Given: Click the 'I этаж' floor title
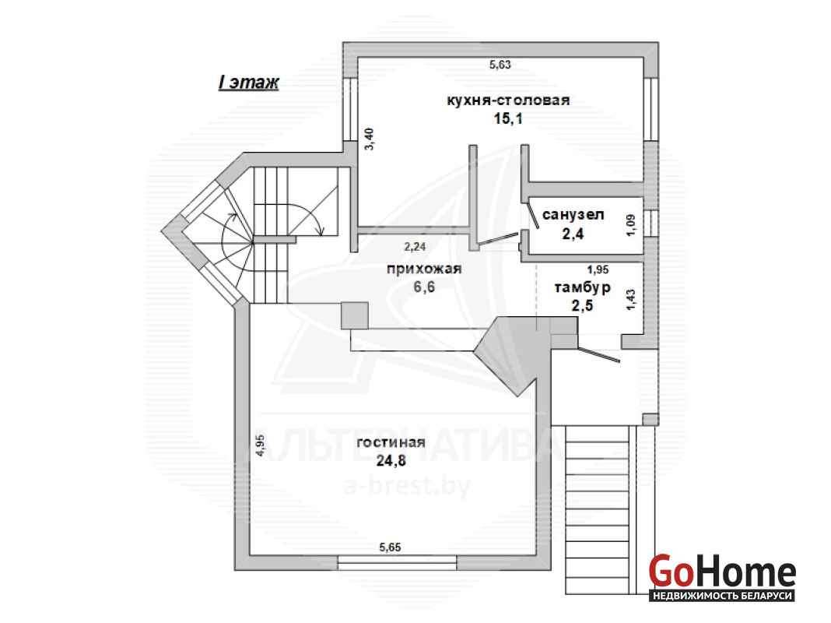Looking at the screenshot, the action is tap(248, 83).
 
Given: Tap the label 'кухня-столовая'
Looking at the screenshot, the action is tap(508, 100).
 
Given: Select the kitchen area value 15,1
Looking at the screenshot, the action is tap(508, 119).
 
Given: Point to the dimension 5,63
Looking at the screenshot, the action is tap(500, 65).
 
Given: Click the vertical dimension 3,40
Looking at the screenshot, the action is tap(370, 139).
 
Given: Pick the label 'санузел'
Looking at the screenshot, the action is tap(573, 215).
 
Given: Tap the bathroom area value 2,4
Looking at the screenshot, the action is tap(573, 234).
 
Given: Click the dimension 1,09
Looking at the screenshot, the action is tap(631, 225).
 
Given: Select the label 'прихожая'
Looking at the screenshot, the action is tap(424, 269).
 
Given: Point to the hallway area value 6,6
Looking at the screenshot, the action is tap(424, 287).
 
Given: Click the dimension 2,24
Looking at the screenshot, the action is tap(415, 247).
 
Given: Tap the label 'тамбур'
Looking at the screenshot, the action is tap(583, 287).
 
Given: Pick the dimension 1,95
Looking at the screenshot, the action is tap(598, 270).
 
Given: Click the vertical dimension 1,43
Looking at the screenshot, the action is tap(631, 300).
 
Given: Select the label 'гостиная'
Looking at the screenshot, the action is tap(391, 443).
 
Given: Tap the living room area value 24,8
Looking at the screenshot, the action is tap(391, 461).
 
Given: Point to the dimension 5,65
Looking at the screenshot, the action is tap(390, 547).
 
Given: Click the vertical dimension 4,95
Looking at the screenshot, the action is tap(260, 445).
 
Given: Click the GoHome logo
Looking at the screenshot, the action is tap(722, 577).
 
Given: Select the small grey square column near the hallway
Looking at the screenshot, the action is tap(355, 315).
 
